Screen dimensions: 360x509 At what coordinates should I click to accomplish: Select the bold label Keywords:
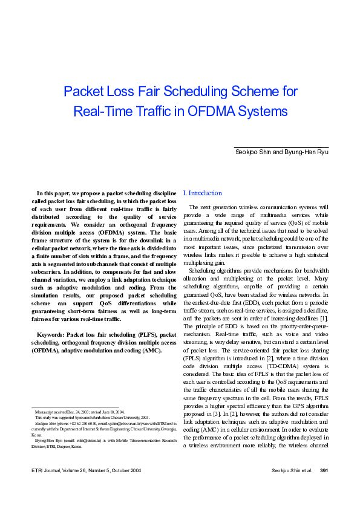pyautogui.click(x=50, y=334)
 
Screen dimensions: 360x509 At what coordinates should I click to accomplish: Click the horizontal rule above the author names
pyautogui.click(x=281, y=147)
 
